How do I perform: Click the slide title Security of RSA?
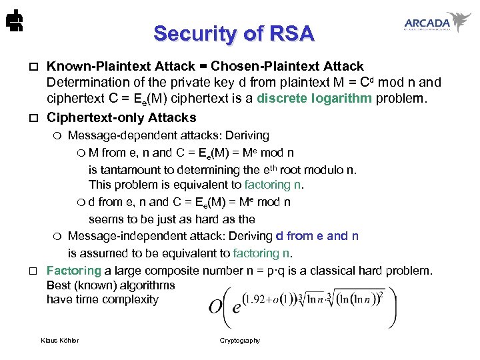[233, 33]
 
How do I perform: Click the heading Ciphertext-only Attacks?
[121, 117]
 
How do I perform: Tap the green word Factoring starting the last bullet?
[73, 271]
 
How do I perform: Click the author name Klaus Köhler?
[60, 341]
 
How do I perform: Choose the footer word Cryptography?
[240, 341]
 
